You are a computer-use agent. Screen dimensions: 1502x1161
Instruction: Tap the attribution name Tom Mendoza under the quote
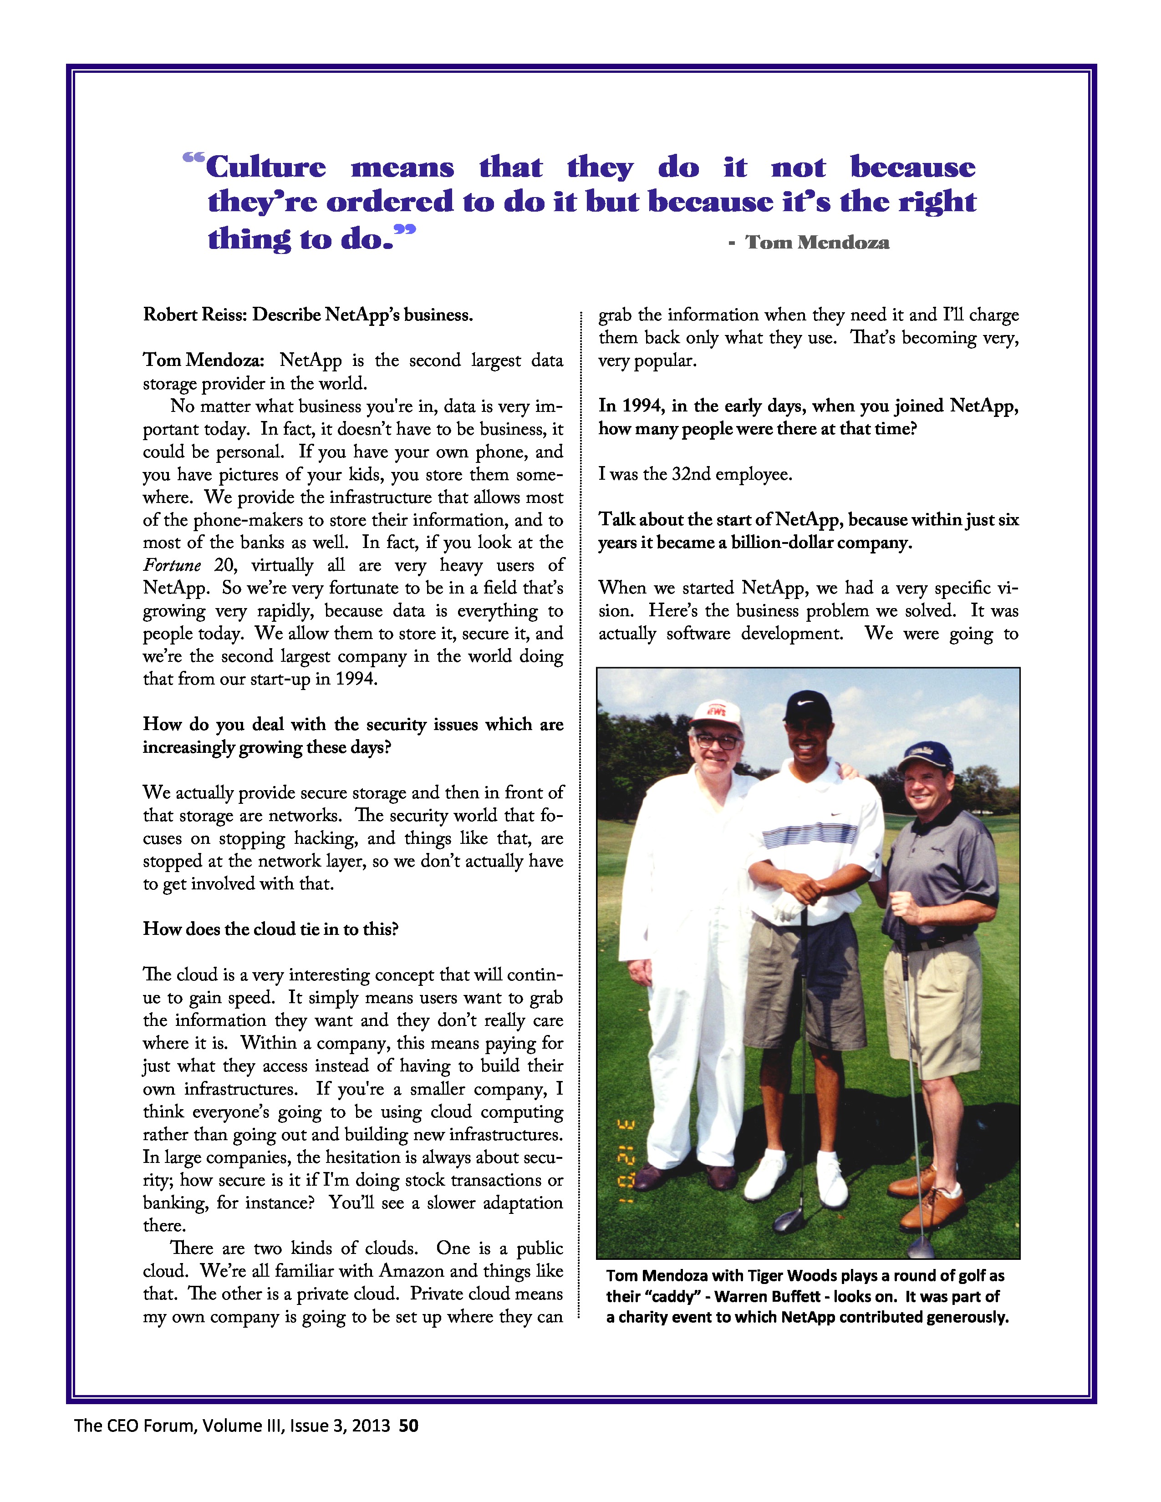817,242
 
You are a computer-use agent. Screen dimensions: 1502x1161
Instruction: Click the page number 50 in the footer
408,1426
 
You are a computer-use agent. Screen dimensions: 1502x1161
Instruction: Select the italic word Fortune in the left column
172,565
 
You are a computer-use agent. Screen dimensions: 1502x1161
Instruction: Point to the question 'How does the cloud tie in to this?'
270,929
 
